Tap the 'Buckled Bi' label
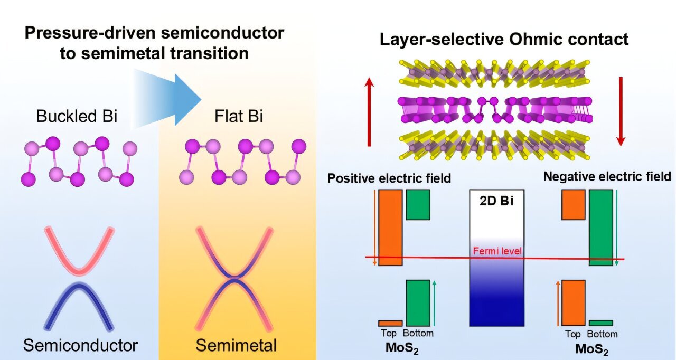(x=77, y=116)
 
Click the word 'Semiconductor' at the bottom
(x=80, y=346)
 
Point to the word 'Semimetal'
(x=236, y=346)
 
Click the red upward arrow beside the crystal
(x=369, y=111)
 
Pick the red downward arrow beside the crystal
(x=621, y=111)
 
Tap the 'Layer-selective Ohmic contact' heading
(x=504, y=39)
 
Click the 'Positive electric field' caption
(x=389, y=178)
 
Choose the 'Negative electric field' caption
(x=607, y=176)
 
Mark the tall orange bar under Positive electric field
(x=390, y=228)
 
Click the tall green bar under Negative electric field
(x=601, y=228)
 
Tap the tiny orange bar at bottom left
(x=390, y=323)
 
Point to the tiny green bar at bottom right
(x=601, y=323)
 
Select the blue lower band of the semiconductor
(x=79, y=301)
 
